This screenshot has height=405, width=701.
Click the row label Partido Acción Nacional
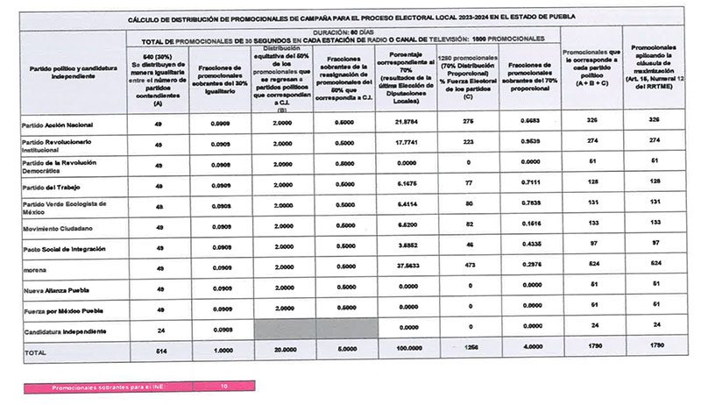[x=58, y=124]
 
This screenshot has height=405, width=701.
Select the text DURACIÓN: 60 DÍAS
[x=343, y=32]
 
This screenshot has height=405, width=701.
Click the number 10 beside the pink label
[x=225, y=385]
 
